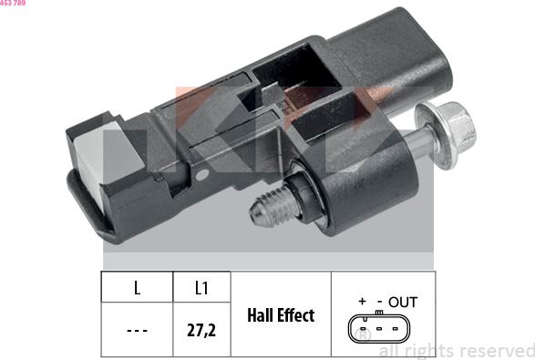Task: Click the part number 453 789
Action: pyautogui.click(x=13, y=3)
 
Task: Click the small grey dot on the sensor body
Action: pyautogui.click(x=201, y=175)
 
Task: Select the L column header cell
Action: pyautogui.click(x=137, y=287)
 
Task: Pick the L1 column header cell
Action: pyautogui.click(x=201, y=287)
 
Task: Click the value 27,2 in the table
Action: pyautogui.click(x=201, y=330)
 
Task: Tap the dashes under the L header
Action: pyautogui.click(x=137, y=330)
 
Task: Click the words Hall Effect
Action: pyautogui.click(x=281, y=315)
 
